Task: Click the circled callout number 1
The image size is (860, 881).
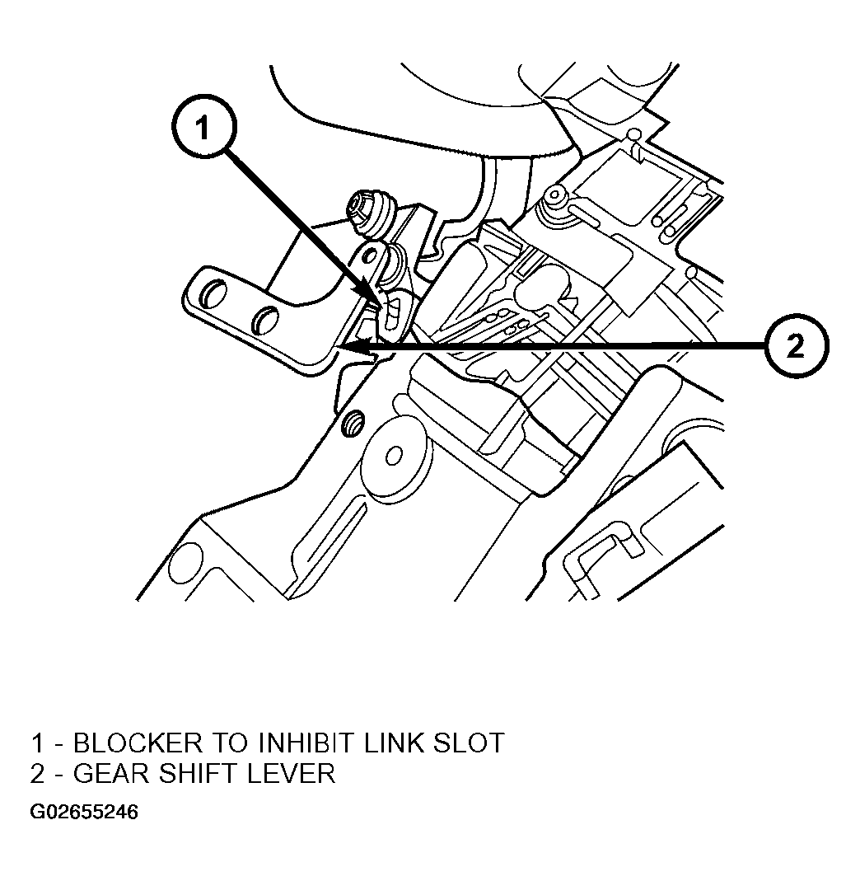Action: (203, 126)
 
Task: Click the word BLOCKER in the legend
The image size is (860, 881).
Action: (138, 743)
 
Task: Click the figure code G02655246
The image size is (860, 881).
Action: (84, 812)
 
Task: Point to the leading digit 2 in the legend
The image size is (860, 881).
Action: (38, 774)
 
